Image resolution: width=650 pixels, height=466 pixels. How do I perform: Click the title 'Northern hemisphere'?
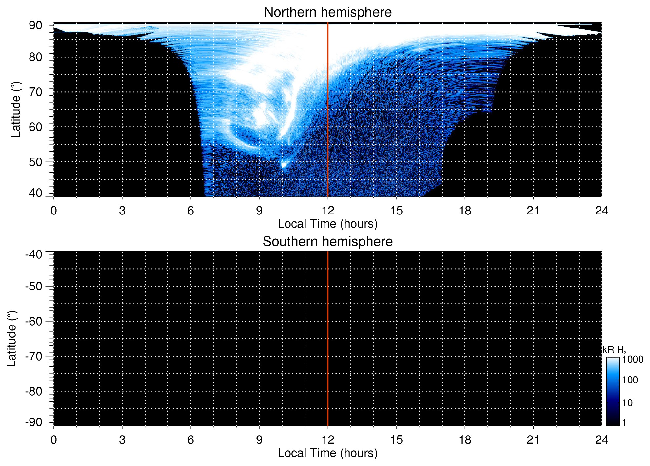coord(327,12)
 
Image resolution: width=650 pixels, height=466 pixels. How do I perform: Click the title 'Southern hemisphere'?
coord(327,242)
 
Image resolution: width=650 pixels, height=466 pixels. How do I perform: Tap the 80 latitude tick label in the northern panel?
coord(35,57)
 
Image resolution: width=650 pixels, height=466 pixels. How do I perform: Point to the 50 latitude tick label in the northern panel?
coord(35,162)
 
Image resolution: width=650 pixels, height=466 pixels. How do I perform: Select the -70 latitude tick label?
coord(34,356)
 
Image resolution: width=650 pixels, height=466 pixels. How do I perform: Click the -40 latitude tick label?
coord(34,254)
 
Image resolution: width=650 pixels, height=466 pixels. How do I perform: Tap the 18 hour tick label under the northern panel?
coord(464,211)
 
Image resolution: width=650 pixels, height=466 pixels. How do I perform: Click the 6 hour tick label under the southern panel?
coord(191,440)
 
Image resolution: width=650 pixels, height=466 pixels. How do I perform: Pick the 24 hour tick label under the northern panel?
coord(601,211)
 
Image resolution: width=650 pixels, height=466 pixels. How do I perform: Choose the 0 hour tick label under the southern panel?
coord(54,440)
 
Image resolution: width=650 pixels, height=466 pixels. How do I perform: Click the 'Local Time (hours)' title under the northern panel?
coord(327,224)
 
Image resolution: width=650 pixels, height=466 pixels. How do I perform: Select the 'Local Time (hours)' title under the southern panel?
coord(327,453)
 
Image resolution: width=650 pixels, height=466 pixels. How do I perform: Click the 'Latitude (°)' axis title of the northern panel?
coord(16,109)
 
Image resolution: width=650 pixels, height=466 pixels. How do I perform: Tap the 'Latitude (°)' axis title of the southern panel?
coord(11,339)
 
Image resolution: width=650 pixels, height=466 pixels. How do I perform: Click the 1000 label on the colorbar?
coord(633,360)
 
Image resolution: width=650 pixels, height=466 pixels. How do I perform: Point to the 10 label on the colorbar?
coord(627,403)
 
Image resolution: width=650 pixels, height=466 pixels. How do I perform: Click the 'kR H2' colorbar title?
coord(614,350)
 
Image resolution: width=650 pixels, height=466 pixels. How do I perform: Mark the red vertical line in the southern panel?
coord(328,339)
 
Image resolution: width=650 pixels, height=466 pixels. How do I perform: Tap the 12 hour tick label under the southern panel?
coord(327,440)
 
